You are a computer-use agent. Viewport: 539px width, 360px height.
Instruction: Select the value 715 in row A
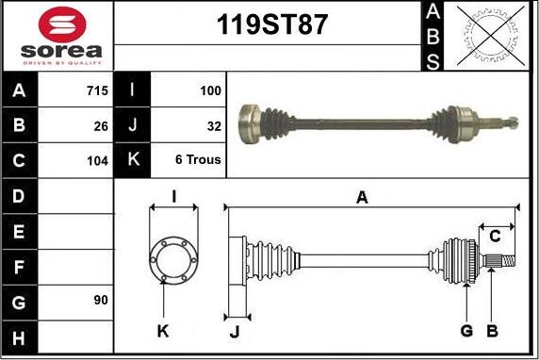click(96, 91)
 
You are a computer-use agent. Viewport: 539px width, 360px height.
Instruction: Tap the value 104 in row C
click(97, 160)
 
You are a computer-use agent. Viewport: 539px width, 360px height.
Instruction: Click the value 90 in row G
click(101, 300)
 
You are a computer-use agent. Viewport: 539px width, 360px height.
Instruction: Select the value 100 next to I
click(210, 91)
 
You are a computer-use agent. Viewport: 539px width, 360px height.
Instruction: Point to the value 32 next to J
click(213, 125)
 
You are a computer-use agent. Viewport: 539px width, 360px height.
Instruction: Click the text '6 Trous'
click(198, 160)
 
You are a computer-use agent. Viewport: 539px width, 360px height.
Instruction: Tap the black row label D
click(20, 196)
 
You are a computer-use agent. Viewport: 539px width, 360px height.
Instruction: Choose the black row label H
click(20, 335)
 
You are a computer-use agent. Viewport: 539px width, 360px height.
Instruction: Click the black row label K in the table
click(133, 160)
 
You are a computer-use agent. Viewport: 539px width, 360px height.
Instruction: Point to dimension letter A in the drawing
click(361, 197)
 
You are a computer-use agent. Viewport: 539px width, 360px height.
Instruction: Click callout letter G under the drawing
click(466, 331)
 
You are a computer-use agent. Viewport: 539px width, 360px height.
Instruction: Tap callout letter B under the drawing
click(491, 331)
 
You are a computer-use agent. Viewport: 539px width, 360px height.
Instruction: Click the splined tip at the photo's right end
click(510, 121)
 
